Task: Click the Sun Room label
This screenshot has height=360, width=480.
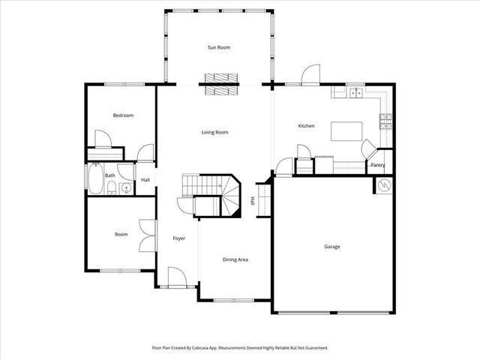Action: click(219, 47)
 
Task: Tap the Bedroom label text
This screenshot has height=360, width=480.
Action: click(123, 115)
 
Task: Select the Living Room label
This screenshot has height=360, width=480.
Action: click(214, 133)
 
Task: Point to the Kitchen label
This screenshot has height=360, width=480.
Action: click(306, 126)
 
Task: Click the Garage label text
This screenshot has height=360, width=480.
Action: click(331, 247)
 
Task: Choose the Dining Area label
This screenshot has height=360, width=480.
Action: click(235, 259)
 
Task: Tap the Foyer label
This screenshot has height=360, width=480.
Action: click(178, 238)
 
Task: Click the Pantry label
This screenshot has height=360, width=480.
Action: click(378, 165)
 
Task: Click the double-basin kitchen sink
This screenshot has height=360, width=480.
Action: click(355, 93)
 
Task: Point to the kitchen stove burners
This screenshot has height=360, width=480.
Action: click(386, 121)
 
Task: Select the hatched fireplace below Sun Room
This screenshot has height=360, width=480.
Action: click(220, 85)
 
